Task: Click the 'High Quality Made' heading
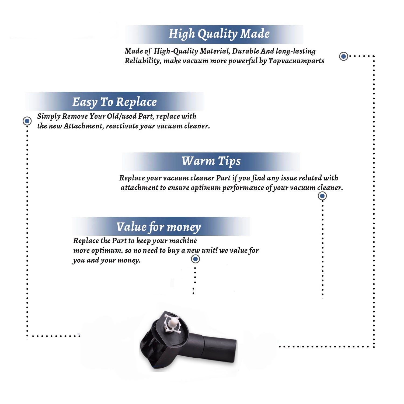click(219, 34)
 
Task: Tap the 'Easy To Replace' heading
click(114, 102)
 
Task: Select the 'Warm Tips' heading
click(211, 161)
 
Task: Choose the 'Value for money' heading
click(159, 227)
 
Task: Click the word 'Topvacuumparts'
click(296, 61)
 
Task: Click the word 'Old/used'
click(121, 116)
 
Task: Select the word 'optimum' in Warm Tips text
click(206, 188)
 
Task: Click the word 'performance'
click(243, 188)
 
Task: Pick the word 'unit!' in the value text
click(209, 250)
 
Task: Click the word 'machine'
click(183, 241)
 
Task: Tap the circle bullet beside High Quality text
click(343, 56)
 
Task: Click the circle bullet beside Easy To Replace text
click(27, 121)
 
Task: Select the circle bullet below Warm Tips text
click(322, 196)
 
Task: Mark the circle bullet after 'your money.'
click(195, 259)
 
